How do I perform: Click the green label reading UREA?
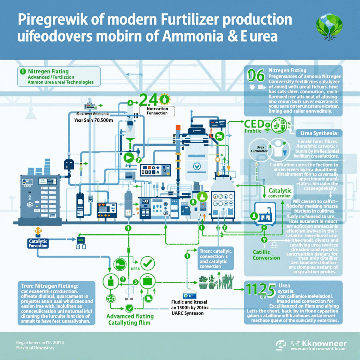135,269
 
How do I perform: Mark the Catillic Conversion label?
266,255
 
